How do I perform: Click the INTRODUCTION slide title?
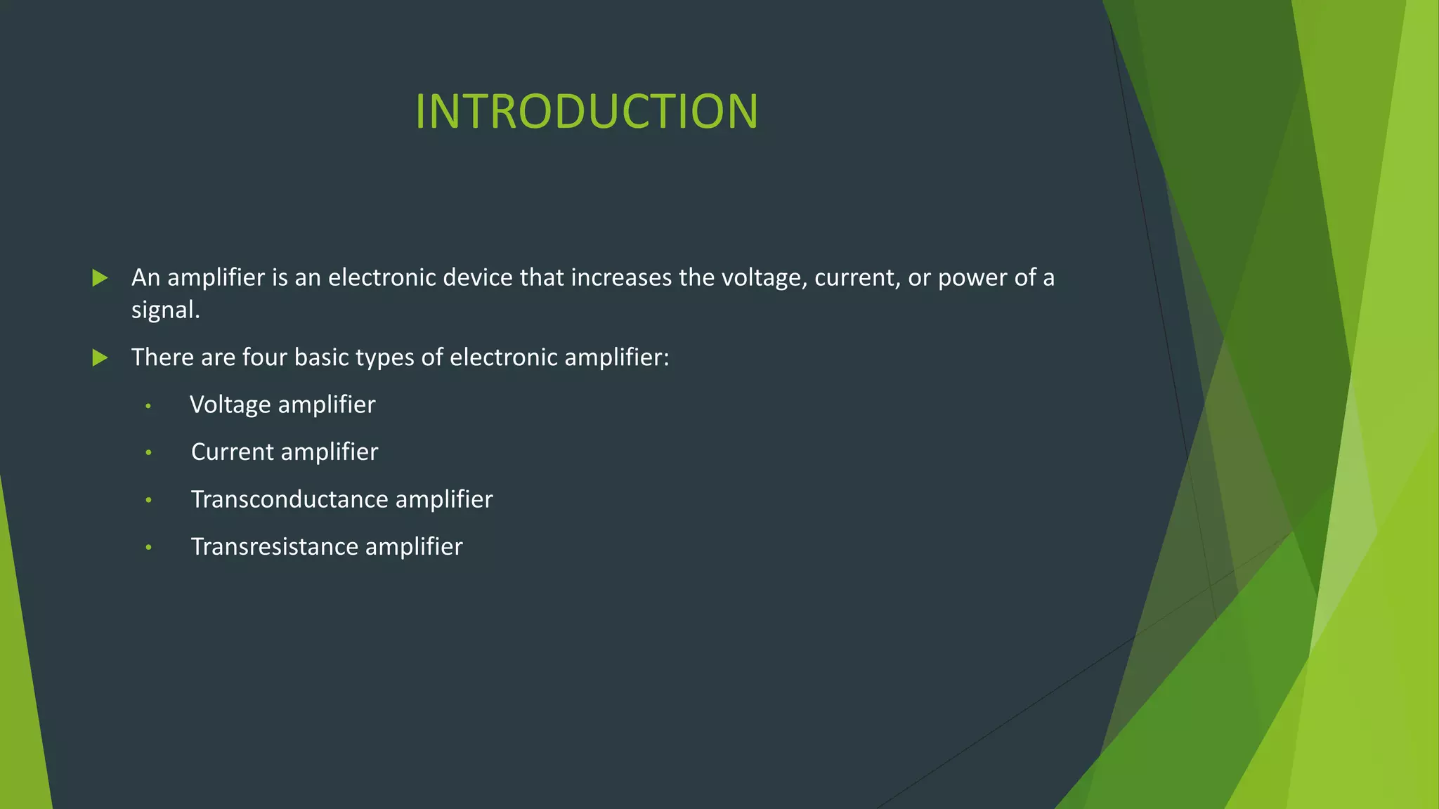(586, 112)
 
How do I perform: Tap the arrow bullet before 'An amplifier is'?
(100, 278)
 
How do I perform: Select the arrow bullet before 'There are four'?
(100, 358)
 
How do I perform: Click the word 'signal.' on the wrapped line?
(166, 310)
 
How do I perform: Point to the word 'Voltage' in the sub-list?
(230, 405)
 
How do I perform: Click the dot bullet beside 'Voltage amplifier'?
(148, 406)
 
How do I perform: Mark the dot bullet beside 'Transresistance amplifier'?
(148, 547)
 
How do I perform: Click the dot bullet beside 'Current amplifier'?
(148, 453)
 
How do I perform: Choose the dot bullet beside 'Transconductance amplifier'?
(148, 500)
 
